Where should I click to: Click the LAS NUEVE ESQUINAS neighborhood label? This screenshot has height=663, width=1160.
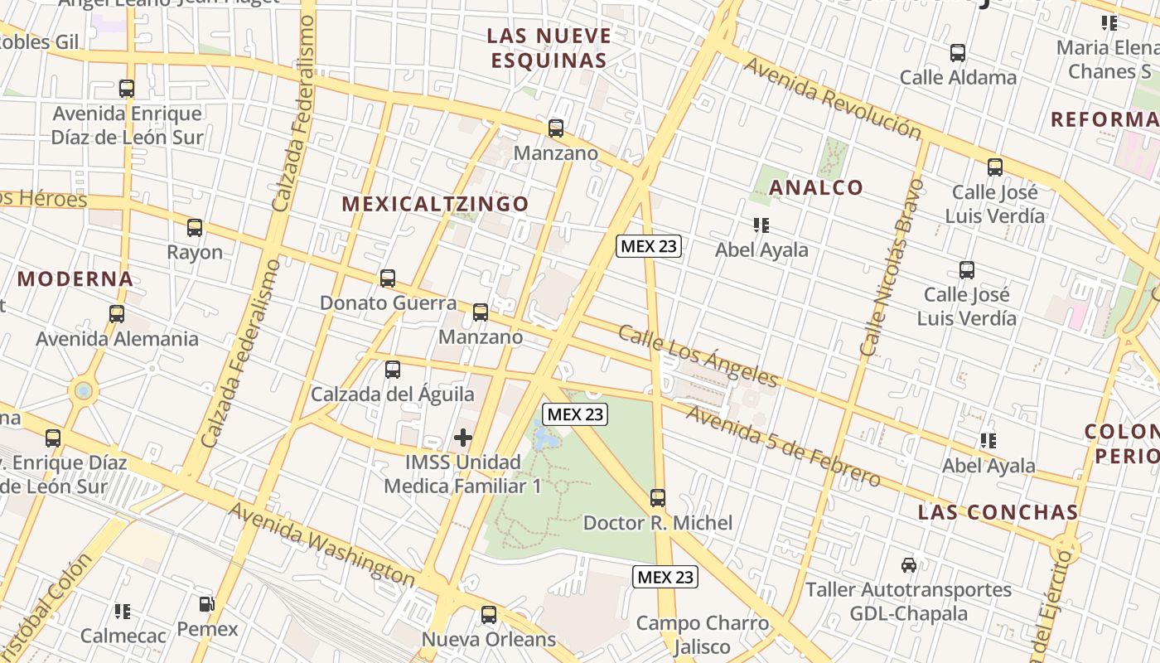click(x=549, y=48)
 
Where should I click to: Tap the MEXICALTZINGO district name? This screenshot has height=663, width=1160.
click(x=435, y=204)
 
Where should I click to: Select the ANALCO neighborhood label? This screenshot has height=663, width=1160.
click(x=816, y=188)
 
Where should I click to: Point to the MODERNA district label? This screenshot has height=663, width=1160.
click(x=75, y=278)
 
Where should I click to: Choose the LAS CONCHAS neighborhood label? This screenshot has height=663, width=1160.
click(x=998, y=512)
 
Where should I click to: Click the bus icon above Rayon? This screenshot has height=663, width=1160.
click(x=195, y=228)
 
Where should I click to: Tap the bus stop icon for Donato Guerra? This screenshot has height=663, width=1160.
click(x=388, y=278)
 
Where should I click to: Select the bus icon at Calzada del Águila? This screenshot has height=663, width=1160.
click(x=393, y=370)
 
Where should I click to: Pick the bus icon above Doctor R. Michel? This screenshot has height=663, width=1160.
click(x=658, y=498)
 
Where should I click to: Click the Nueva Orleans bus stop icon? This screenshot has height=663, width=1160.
click(x=489, y=615)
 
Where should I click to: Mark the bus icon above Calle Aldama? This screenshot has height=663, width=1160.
click(x=958, y=53)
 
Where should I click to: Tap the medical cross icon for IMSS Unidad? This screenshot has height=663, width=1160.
click(x=463, y=438)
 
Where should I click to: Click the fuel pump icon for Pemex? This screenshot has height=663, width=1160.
click(x=207, y=605)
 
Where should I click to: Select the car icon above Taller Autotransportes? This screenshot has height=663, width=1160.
click(x=909, y=565)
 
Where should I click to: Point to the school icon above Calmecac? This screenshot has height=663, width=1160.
click(x=123, y=612)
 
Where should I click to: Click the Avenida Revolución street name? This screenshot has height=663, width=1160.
click(x=831, y=99)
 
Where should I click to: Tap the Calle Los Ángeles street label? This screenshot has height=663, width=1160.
click(x=698, y=356)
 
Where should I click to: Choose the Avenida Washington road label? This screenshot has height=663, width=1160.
click(x=321, y=543)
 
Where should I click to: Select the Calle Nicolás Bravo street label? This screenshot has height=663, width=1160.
click(x=892, y=267)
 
